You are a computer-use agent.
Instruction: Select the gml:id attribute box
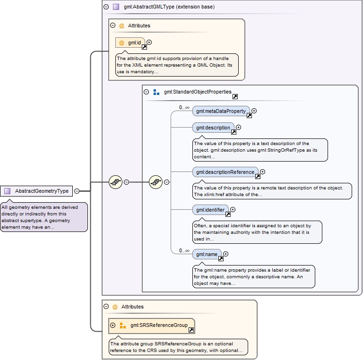(x=130, y=43)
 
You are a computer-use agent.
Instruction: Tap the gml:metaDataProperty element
(x=221, y=111)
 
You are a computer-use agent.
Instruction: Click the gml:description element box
(x=213, y=128)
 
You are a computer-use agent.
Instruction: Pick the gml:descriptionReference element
(x=225, y=172)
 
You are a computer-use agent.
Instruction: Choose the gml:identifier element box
(x=210, y=209)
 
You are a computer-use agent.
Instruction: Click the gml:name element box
(x=207, y=254)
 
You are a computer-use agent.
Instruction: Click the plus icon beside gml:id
(x=149, y=43)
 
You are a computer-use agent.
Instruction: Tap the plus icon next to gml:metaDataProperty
(x=254, y=111)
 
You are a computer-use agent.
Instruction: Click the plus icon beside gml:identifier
(x=233, y=209)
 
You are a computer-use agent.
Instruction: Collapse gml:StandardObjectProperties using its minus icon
(x=147, y=92)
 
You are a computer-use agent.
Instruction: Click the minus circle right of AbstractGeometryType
(x=77, y=191)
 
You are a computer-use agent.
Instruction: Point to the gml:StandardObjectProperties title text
(x=198, y=92)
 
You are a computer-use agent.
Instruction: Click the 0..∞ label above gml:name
(x=184, y=250)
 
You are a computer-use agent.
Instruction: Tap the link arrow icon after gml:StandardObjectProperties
(x=235, y=96)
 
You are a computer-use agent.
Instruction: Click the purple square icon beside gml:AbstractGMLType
(x=116, y=7)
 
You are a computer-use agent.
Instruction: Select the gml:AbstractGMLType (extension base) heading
(x=166, y=7)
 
